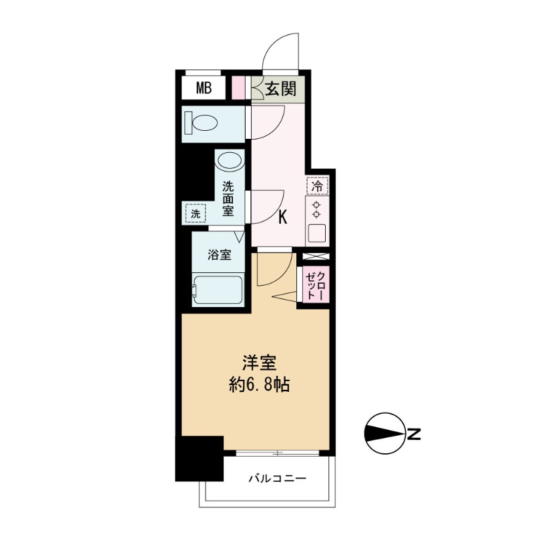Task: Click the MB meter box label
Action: point(204,87)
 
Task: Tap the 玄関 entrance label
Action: point(280,88)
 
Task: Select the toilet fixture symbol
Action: point(203,123)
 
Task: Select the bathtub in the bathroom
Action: point(217,290)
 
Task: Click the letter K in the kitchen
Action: point(282,217)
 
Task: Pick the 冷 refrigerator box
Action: point(317,186)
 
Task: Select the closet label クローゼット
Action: point(315,283)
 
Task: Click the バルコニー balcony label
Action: point(277,478)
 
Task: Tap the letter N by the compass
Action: point(415,435)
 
